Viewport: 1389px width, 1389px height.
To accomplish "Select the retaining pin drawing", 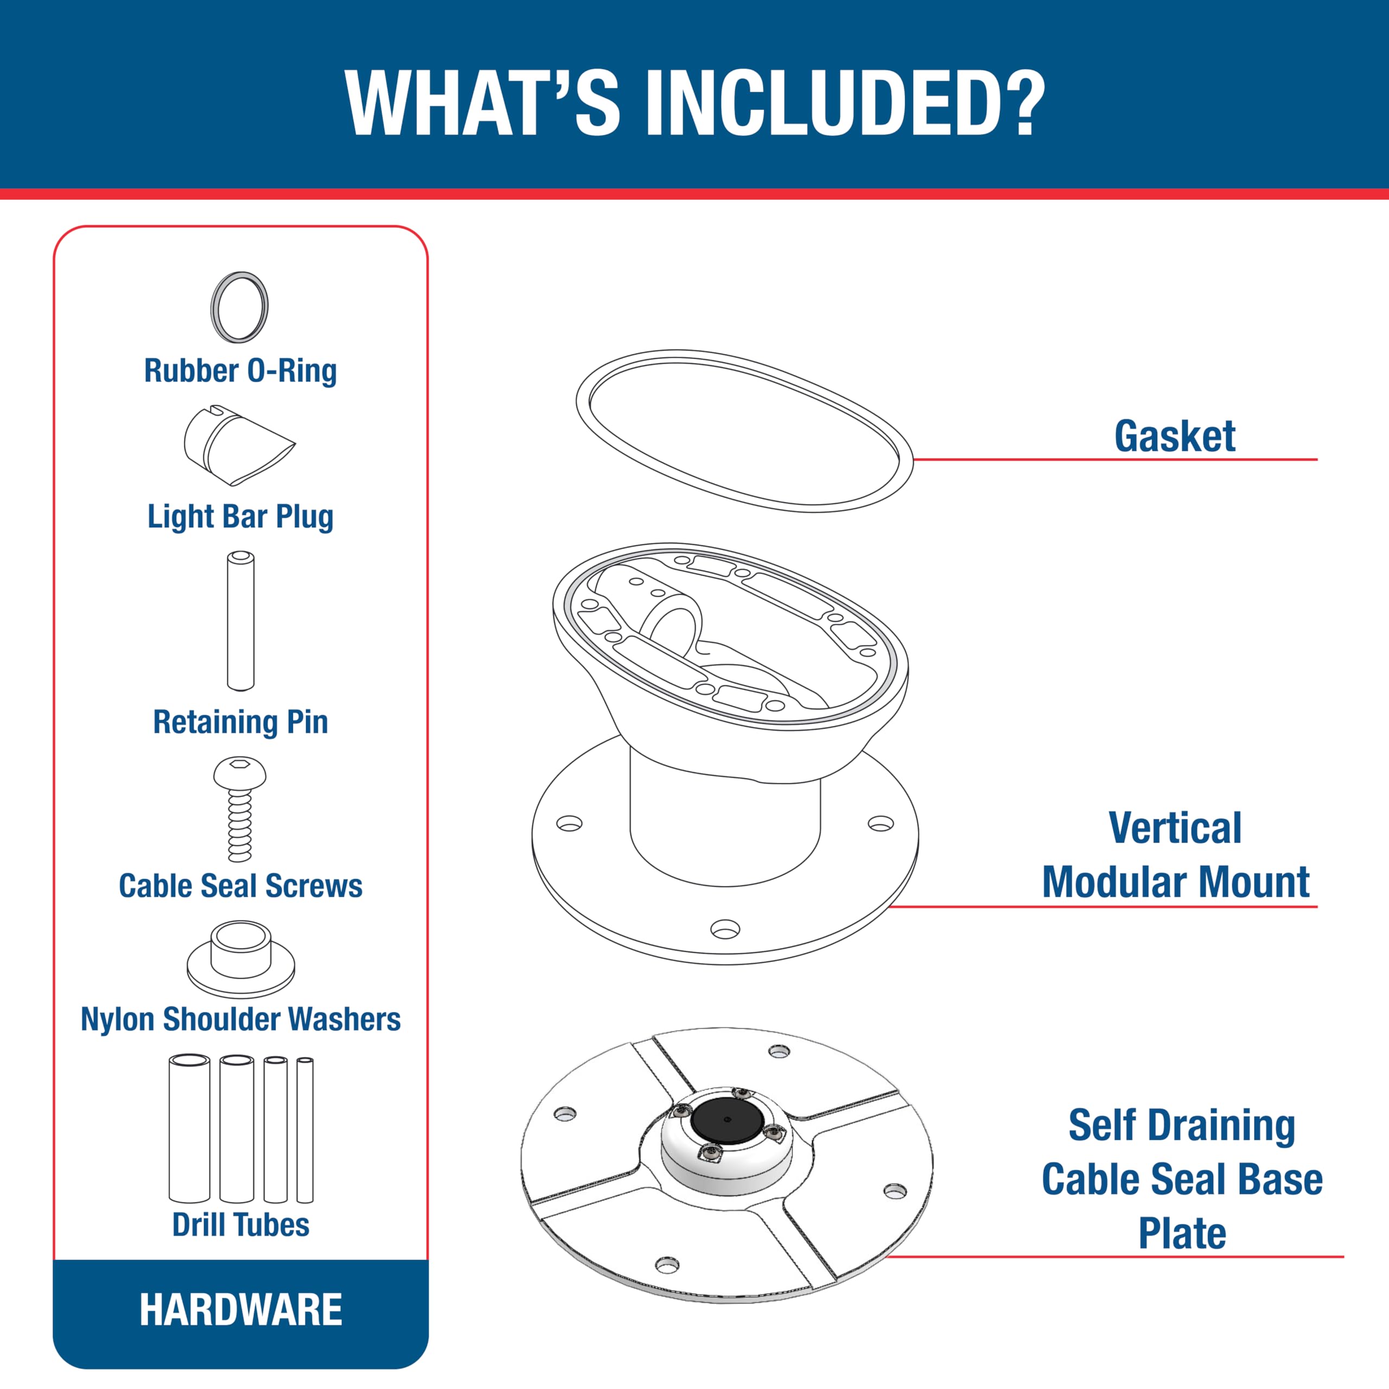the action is point(240,621).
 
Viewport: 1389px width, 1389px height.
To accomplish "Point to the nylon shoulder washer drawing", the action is point(240,959).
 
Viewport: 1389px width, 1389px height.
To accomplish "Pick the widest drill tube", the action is point(189,1128).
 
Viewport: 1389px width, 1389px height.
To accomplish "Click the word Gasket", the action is point(1174,436).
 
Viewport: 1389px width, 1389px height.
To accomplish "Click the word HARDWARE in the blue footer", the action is point(241,1309).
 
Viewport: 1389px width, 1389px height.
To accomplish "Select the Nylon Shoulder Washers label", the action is point(240,1019).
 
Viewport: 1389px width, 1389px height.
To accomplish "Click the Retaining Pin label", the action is point(240,721).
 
